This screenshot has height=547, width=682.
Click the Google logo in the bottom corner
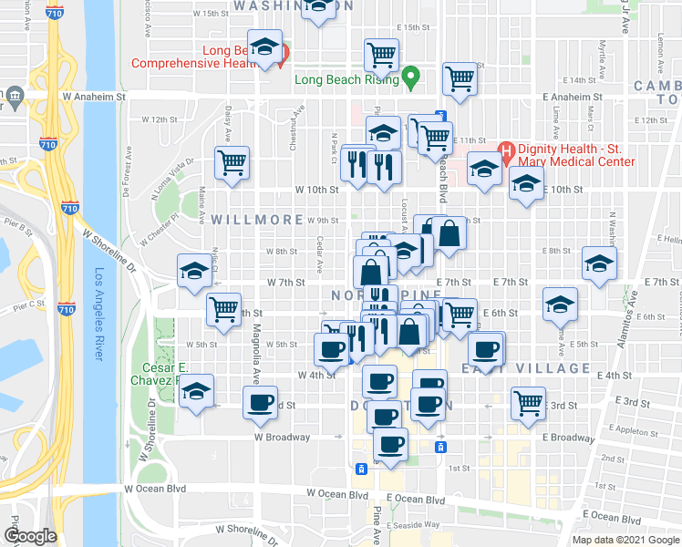[x=30, y=536]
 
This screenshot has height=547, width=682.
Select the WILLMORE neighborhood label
[x=244, y=220]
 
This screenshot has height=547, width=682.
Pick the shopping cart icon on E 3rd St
[x=529, y=402]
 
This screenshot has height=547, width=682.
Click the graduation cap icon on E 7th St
[x=598, y=263]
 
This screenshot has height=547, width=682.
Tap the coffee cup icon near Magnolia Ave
[x=261, y=401]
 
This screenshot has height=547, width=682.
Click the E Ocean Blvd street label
[x=415, y=500]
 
